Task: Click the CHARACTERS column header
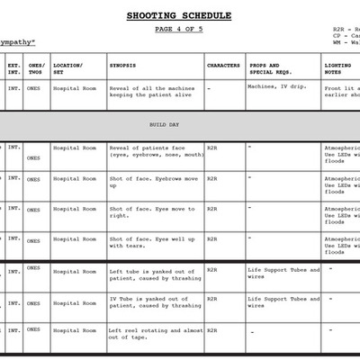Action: point(223,66)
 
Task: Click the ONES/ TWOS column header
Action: point(36,69)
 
